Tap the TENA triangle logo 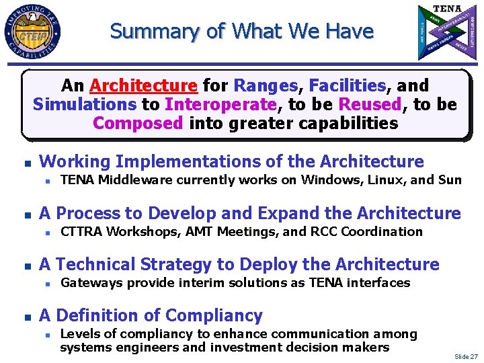pyautogui.click(x=446, y=32)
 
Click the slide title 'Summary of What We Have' pyautogui.click(x=241, y=31)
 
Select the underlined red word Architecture pyautogui.click(x=143, y=86)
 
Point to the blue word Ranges pyautogui.click(x=266, y=86)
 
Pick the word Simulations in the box pyautogui.click(x=85, y=105)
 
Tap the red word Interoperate pyautogui.click(x=220, y=105)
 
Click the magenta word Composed pyautogui.click(x=138, y=124)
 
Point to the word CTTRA pyautogui.click(x=80, y=231)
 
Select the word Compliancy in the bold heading pyautogui.click(x=214, y=315)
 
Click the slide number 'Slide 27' pyautogui.click(x=465, y=356)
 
